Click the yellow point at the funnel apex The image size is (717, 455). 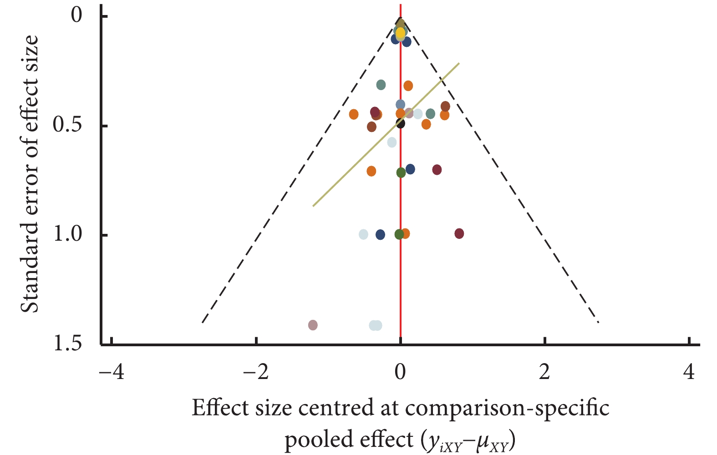400,33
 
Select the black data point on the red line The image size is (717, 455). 400,123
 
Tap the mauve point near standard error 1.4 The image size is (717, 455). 313,325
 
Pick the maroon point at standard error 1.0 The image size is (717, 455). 459,233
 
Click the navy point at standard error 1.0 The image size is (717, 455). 380,235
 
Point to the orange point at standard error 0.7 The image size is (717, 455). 371,171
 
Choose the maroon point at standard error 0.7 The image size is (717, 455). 437,170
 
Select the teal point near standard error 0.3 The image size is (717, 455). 381,85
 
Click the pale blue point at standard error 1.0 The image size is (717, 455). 363,234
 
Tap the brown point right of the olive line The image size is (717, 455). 445,106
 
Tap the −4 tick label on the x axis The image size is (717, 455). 112,372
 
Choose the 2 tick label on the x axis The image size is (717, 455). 545,372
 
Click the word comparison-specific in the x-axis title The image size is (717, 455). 507,408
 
